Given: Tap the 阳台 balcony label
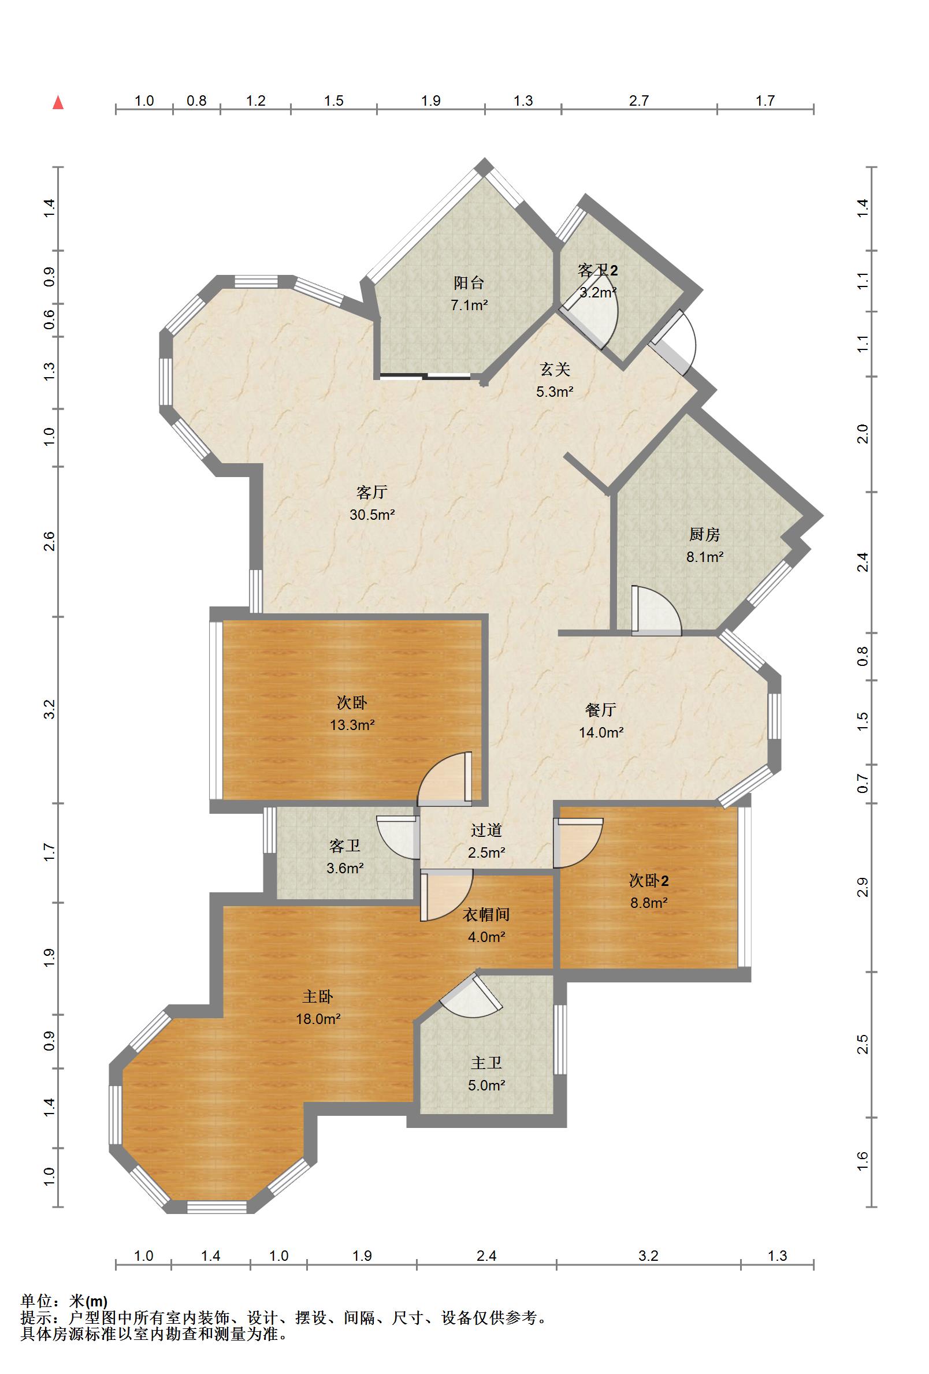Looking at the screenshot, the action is pyautogui.click(x=469, y=282).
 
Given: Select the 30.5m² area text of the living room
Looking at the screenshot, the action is pyautogui.click(x=371, y=515).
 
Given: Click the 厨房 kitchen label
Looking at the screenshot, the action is pyautogui.click(x=704, y=534).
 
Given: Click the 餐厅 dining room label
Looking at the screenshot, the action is pyautogui.click(x=600, y=709).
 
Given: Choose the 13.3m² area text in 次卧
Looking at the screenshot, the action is pyautogui.click(x=352, y=725).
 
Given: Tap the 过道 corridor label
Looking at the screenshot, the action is pyautogui.click(x=486, y=830).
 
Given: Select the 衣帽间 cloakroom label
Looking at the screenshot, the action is pyautogui.click(x=485, y=915).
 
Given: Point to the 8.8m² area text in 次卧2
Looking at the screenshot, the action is pyautogui.click(x=648, y=903).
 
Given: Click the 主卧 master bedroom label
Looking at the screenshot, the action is pyautogui.click(x=318, y=997).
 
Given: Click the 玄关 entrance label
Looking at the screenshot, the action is pyautogui.click(x=555, y=370).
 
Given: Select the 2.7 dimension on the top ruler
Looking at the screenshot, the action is pyautogui.click(x=638, y=100).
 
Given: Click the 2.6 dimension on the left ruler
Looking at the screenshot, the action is pyautogui.click(x=49, y=542).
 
